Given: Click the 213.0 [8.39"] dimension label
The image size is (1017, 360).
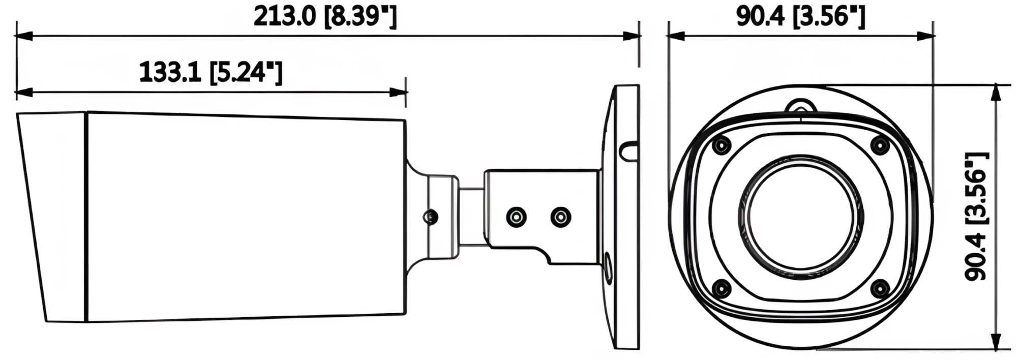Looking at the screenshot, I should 325,17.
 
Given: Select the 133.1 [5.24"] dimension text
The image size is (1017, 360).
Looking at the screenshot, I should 211,73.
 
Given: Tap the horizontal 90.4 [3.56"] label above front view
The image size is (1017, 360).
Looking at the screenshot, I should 800,17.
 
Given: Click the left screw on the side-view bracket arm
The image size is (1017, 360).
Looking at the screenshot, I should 516,217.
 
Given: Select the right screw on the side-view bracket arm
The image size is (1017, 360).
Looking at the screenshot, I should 560,217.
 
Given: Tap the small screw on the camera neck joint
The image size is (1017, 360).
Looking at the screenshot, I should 431,217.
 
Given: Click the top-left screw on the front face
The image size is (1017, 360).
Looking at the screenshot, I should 721,146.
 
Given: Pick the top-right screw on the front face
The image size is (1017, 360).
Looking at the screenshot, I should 880,146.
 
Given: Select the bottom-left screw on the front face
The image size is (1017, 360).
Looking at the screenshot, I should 721,289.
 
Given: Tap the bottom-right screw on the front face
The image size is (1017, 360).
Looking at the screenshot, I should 880,289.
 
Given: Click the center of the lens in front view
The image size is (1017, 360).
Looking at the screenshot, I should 800,218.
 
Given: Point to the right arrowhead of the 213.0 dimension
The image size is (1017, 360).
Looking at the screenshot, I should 632,36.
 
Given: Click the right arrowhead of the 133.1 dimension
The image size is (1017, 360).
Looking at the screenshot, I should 399,93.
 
